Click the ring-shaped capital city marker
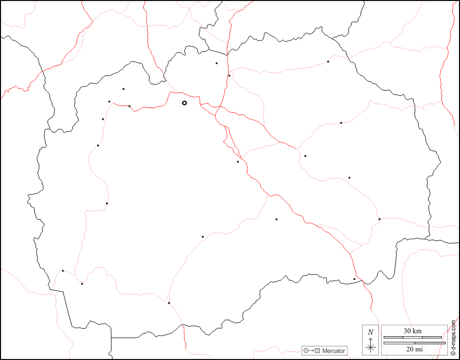[x=184, y=103]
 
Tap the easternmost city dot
[x=379, y=219]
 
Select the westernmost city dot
[x=63, y=271]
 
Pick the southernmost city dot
[x=169, y=303]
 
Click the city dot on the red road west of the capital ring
[x=129, y=106]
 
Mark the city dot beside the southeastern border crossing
[x=354, y=279]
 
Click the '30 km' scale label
[x=413, y=331]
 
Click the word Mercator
[x=333, y=350]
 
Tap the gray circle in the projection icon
[x=306, y=350]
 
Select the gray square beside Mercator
[x=317, y=350]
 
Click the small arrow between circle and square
[x=312, y=350]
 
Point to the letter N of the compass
[x=371, y=332]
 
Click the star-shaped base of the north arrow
[x=371, y=347]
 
